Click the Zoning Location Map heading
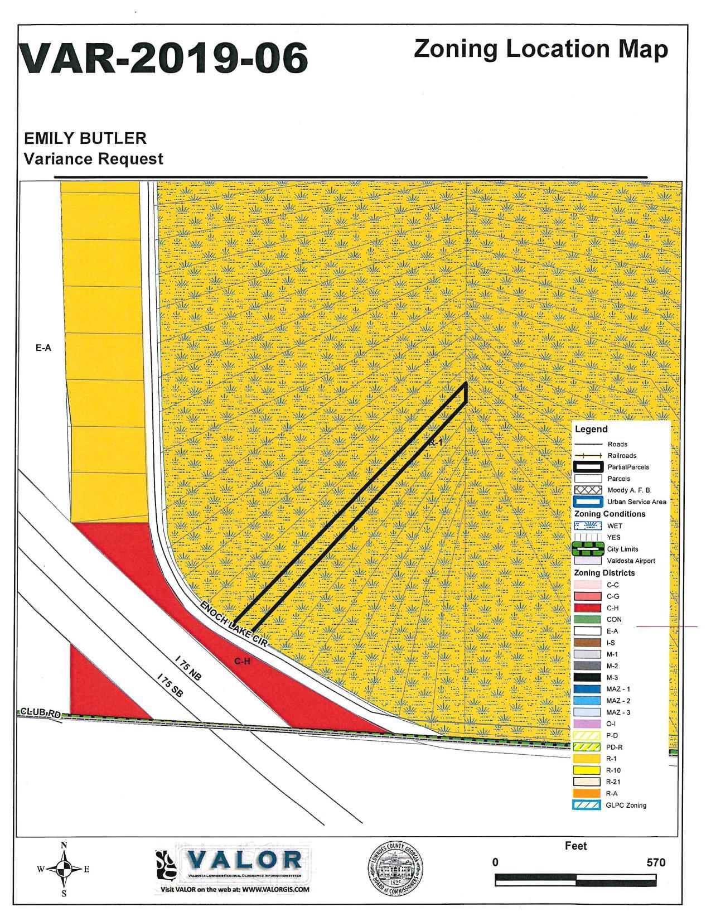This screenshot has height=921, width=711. [540, 50]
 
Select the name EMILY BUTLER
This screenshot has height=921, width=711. [85, 138]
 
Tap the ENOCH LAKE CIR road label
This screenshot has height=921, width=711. [234, 624]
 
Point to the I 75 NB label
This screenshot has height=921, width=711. [187, 669]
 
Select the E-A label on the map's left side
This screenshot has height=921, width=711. [43, 348]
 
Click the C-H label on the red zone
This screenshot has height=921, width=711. [243, 661]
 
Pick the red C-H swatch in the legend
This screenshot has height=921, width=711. [587, 608]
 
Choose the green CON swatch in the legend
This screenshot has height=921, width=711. [587, 619]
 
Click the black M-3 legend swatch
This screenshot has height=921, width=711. [587, 677]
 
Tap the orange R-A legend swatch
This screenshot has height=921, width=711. [587, 793]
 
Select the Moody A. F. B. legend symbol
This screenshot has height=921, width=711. [587, 490]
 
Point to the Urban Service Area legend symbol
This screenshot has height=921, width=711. [587, 502]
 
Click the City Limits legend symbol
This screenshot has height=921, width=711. [587, 549]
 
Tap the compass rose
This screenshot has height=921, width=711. [65, 869]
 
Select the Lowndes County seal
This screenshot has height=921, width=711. [397, 869]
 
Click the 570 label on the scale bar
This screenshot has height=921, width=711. [656, 862]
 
